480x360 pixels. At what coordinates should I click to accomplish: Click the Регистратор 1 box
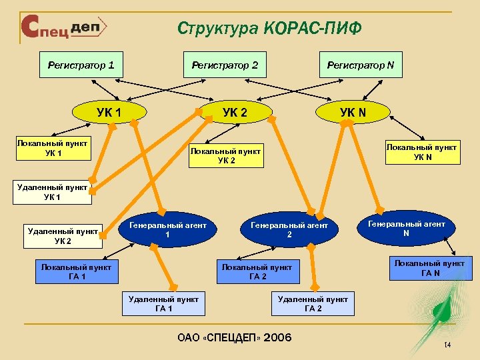tap(81, 65)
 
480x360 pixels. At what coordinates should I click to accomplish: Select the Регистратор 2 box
tap(225, 65)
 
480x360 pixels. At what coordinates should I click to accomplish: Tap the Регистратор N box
tap(361, 65)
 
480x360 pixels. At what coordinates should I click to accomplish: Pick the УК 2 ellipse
tap(235, 111)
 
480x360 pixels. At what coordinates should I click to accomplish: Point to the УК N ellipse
tap(353, 111)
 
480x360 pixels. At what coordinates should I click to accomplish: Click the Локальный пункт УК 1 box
tap(53, 149)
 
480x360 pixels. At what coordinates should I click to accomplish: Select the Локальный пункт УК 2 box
tap(226, 155)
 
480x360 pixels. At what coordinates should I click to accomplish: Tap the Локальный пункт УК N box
tap(423, 151)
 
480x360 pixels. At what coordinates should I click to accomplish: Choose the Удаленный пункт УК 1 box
tap(52, 192)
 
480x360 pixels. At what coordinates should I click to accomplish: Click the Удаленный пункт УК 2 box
tap(63, 236)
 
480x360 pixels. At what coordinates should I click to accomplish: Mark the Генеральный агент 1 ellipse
tap(167, 230)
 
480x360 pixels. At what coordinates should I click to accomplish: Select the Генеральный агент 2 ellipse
tap(289, 230)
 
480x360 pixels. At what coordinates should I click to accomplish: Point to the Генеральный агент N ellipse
tap(406, 229)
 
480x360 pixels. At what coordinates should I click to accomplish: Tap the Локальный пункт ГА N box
tap(430, 268)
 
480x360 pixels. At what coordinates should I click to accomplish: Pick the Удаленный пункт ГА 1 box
tap(163, 304)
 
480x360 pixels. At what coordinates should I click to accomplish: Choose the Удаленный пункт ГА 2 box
tap(313, 304)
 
